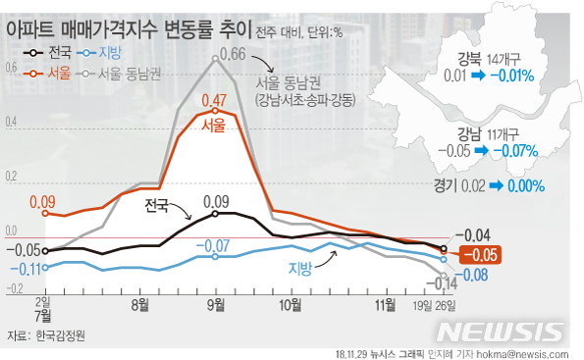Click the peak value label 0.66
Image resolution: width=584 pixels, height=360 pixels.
point(231,53)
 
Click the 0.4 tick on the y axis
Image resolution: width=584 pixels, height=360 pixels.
point(12,123)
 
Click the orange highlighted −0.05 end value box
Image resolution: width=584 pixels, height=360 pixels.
point(481,255)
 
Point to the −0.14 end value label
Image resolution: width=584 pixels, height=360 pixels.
point(444,284)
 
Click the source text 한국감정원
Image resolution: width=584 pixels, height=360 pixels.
point(61,335)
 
